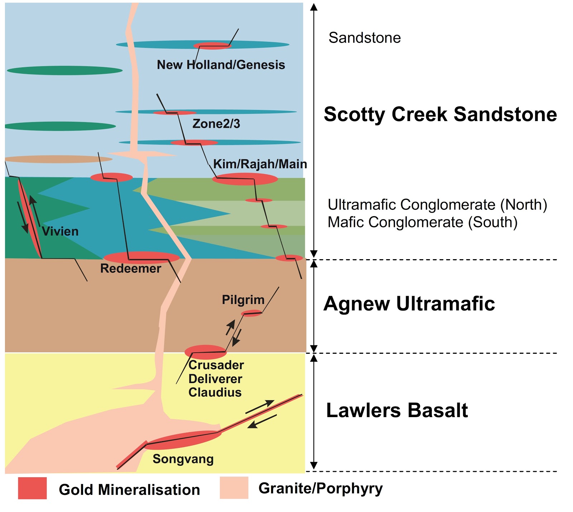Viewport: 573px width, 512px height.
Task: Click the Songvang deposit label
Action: tap(183, 459)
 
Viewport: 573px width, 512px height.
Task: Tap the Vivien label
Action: tap(60, 231)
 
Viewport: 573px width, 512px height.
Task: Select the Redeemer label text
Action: tap(131, 269)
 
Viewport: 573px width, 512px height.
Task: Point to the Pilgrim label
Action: tap(243, 300)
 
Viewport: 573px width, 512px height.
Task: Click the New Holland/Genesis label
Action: tap(221, 65)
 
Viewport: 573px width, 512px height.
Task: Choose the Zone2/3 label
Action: tap(216, 124)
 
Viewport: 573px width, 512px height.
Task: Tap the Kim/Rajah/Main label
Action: tap(260, 164)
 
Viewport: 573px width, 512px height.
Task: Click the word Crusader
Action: tap(216, 365)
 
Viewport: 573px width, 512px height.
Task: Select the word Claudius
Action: tap(215, 392)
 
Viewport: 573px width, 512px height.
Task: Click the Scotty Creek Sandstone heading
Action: tap(440, 115)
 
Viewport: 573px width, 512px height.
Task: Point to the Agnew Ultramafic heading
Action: tap(409, 304)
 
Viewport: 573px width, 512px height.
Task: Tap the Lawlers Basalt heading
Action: tap(397, 410)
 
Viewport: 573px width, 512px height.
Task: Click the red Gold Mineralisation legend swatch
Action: tap(32, 488)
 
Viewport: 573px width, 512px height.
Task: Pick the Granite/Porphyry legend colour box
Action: tap(234, 488)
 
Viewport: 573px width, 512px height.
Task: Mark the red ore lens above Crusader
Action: tap(206, 352)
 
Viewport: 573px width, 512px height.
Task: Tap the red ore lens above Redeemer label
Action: tap(141, 257)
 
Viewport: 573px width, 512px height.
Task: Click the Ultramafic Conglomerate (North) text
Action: tap(437, 205)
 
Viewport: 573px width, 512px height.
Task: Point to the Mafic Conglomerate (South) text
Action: tap(423, 222)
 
